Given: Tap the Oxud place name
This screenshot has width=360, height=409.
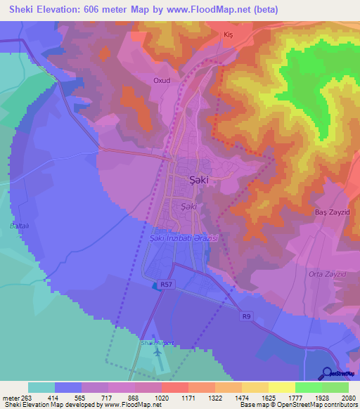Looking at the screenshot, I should (x=162, y=81).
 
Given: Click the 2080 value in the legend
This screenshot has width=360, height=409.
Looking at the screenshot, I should (x=349, y=397).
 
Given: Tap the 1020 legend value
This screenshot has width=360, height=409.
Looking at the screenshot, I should (x=161, y=397).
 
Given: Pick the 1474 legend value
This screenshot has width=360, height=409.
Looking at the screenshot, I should (x=241, y=397).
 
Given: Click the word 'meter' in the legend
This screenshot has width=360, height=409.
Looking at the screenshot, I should (x=12, y=397).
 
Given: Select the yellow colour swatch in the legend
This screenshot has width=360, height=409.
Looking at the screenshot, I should (x=281, y=387).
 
